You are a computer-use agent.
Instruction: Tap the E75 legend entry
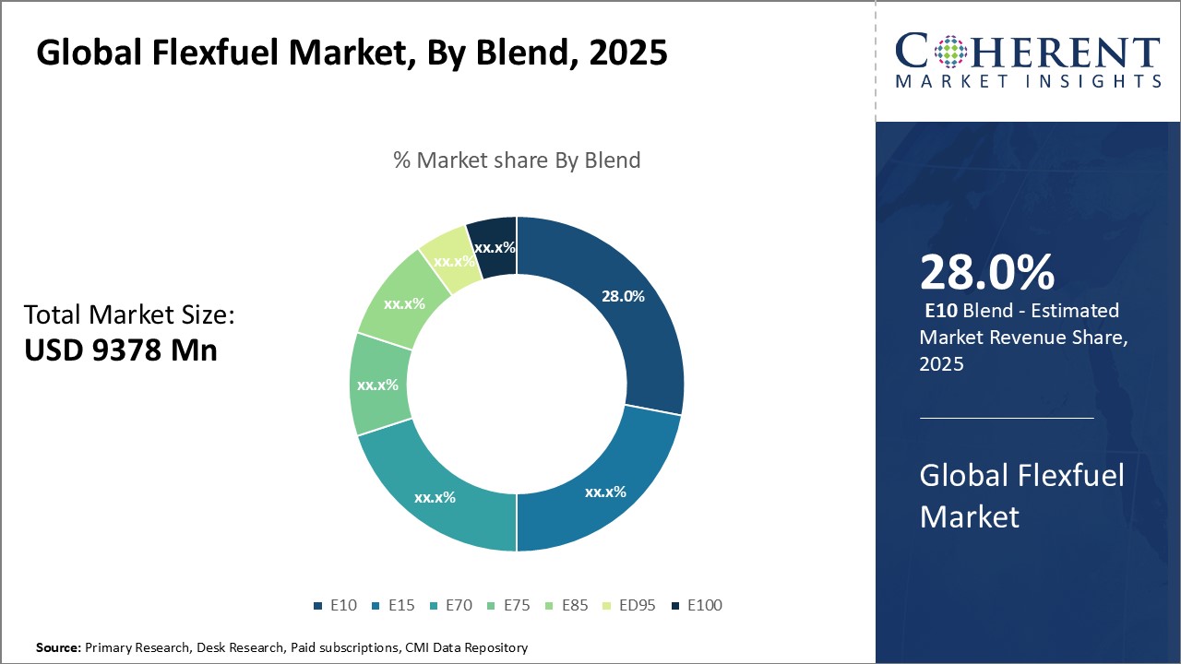[x=509, y=605]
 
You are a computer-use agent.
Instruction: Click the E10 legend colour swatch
[x=317, y=606]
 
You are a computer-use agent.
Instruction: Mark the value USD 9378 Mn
[x=121, y=350]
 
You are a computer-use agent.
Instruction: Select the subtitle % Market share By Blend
[x=517, y=160]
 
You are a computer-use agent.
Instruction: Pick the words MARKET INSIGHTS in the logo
[x=1028, y=81]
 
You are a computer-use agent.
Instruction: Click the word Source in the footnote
[x=58, y=647]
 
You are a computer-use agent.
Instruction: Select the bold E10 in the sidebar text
[x=941, y=311]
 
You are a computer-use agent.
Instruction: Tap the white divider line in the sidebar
[x=1007, y=418]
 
